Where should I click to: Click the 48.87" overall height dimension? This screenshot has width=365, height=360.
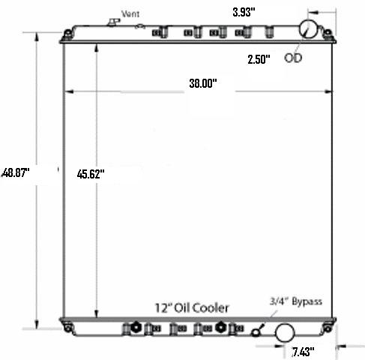coord(16,172)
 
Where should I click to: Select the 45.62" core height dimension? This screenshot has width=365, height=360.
coord(91,174)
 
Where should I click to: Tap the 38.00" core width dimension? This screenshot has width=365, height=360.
coord(203,83)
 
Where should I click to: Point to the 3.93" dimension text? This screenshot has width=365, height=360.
coord(244,12)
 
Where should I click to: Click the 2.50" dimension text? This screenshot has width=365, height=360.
coord(259,59)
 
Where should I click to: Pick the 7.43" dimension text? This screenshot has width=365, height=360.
coord(303,352)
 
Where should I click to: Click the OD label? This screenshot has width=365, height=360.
coord(293,58)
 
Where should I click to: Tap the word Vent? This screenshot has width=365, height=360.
coord(130,13)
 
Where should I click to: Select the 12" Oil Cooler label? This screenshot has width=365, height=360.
coord(192,308)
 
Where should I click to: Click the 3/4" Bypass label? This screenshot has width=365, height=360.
coord(296,301)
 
